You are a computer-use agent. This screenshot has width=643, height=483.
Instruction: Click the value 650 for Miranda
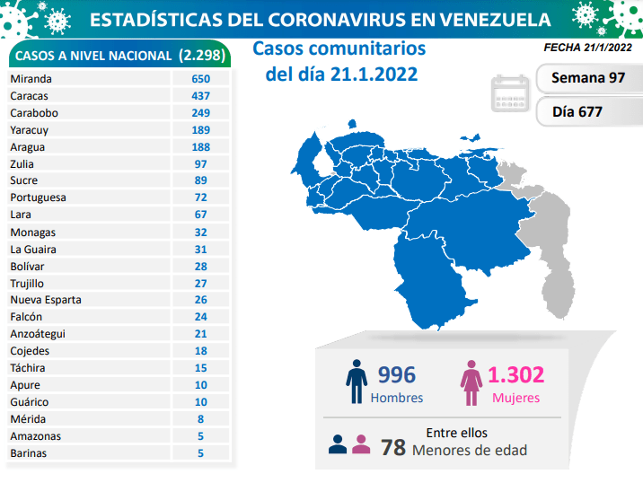(200, 78)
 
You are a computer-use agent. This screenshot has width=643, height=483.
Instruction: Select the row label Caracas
(30, 95)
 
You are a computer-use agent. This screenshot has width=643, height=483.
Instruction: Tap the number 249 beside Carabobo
(200, 112)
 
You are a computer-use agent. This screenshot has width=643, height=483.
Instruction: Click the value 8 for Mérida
(200, 419)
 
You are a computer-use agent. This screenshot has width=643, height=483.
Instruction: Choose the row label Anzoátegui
(38, 334)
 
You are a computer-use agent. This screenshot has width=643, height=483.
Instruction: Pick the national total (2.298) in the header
(203, 56)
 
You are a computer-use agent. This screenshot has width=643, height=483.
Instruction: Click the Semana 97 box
(588, 77)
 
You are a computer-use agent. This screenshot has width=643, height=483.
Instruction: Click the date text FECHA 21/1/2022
(587, 47)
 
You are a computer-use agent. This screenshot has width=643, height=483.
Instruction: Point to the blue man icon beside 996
(357, 382)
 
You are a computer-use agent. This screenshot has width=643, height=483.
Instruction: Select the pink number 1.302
(515, 374)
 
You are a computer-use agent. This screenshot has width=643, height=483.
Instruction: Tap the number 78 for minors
(392, 447)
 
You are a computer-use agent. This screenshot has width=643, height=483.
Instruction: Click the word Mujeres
(515, 398)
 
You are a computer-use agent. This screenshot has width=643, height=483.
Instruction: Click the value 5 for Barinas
(200, 453)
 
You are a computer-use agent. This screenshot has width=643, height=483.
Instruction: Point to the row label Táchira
(29, 368)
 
